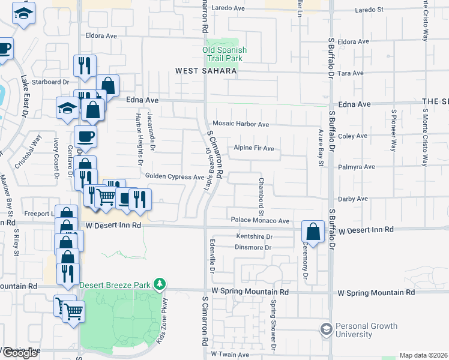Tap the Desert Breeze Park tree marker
159,283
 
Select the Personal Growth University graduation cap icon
326,329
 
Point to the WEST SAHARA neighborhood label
206,71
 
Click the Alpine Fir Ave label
254,148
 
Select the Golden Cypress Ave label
175,176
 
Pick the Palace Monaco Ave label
261,220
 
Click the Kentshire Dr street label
255,237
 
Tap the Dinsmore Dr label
254,247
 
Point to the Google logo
19,353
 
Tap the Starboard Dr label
51,82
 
